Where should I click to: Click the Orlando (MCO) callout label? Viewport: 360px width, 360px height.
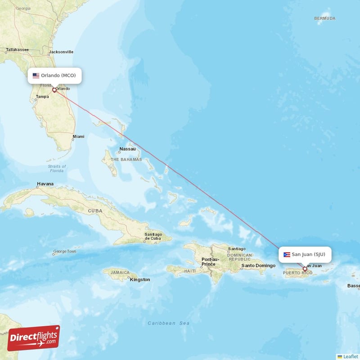pyautogui.click(x=55, y=76)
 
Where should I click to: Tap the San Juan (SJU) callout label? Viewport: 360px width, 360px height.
pyautogui.click(x=305, y=254)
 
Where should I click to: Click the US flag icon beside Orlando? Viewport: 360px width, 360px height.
pyautogui.click(x=36, y=76)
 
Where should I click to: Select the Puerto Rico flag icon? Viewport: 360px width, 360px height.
pyautogui.click(x=287, y=255)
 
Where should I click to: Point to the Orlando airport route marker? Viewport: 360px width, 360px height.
pyautogui.click(x=54, y=90)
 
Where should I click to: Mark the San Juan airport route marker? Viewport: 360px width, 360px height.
pyautogui.click(x=305, y=269)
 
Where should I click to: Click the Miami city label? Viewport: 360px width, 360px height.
pyautogui.click(x=78, y=136)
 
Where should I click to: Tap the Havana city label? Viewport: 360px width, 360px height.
pyautogui.click(x=45, y=184)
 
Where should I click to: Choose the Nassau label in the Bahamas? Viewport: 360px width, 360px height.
pyautogui.click(x=127, y=149)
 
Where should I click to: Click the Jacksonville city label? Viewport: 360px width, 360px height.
pyautogui.click(x=61, y=52)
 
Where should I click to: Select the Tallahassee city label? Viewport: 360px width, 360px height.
pyautogui.click(x=18, y=49)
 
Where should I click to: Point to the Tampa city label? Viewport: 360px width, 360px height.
pyautogui.click(x=42, y=97)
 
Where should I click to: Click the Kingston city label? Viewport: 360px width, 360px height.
pyautogui.click(x=140, y=279)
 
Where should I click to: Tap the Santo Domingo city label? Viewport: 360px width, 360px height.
pyautogui.click(x=258, y=265)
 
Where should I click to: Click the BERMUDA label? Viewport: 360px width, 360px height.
pyautogui.click(x=325, y=18)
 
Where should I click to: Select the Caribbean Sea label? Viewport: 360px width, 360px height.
pyautogui.click(x=169, y=323)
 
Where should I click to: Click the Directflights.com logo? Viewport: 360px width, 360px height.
pyautogui.click(x=34, y=338)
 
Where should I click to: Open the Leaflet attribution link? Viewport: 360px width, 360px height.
pyautogui.click(x=350, y=356)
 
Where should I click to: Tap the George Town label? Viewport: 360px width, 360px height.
pyautogui.click(x=65, y=252)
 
